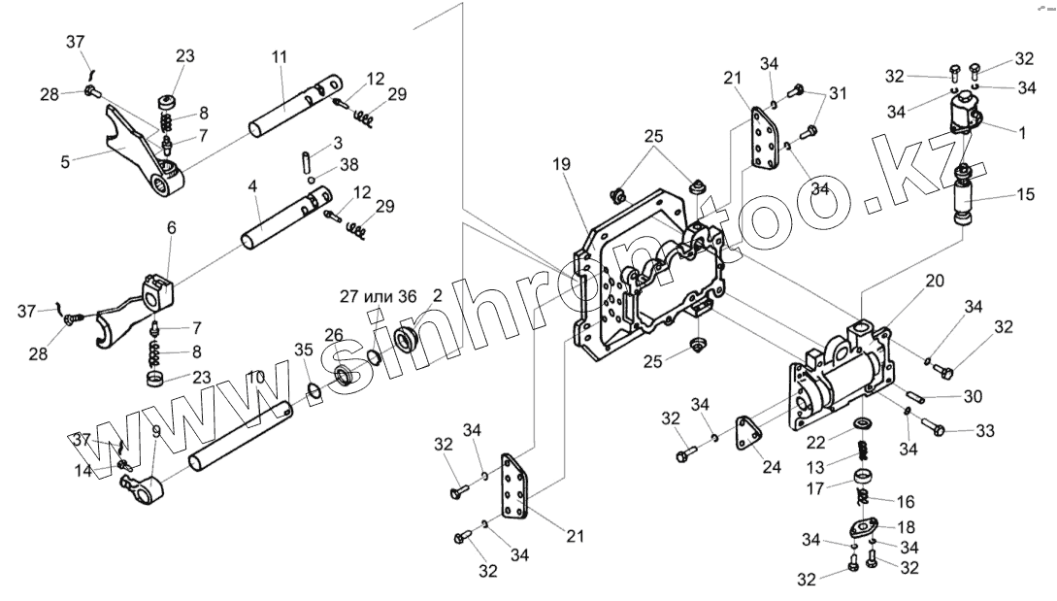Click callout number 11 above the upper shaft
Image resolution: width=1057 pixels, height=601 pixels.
pyautogui.click(x=280, y=57)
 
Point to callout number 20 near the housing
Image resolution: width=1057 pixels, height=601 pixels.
pyautogui.click(x=934, y=281)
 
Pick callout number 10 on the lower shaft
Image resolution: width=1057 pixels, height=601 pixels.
pyautogui.click(x=255, y=376)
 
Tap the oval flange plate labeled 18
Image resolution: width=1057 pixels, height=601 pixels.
pyautogui.click(x=862, y=528)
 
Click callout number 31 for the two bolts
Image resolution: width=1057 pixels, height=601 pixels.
pyautogui.click(x=838, y=93)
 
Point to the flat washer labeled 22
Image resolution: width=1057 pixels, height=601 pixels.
pyautogui.click(x=862, y=424)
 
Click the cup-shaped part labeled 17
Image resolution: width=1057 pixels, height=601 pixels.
pyautogui.click(x=861, y=478)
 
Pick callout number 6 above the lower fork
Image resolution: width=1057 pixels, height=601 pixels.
pyautogui.click(x=172, y=227)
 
